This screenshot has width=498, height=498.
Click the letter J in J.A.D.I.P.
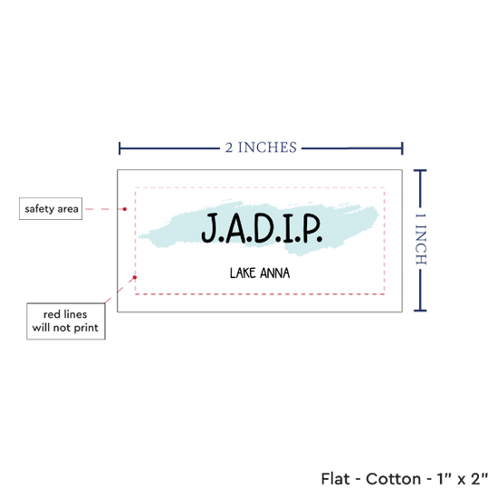[209, 227]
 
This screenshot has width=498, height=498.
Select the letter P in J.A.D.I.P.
[310, 227]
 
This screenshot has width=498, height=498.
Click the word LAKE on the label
[243, 273]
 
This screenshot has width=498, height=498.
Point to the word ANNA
[274, 273]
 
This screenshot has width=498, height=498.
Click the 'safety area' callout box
[51, 208]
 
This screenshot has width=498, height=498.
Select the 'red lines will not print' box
[66, 321]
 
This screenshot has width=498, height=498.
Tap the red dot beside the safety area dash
[125, 209]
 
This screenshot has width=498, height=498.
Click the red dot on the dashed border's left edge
[135, 277]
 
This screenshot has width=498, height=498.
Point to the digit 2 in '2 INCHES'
[229, 148]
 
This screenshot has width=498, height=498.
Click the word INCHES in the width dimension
[267, 148]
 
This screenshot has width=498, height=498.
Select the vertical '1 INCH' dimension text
[421, 239]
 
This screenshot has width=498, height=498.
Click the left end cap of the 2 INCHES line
[120, 148]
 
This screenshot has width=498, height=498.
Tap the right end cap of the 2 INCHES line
[402, 148]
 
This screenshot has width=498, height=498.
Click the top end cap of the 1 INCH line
[420, 171]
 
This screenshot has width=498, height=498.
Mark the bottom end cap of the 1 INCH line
[420, 311]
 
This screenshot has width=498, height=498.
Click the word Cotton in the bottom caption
[393, 479]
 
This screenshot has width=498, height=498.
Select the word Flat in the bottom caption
[335, 479]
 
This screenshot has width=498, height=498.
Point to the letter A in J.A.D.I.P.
[235, 227]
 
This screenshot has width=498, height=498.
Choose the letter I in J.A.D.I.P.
[289, 227]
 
